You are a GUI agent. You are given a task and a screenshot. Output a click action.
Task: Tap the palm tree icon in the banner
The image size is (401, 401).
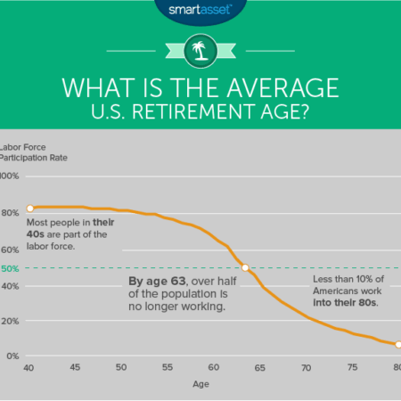pyautogui.click(x=200, y=51)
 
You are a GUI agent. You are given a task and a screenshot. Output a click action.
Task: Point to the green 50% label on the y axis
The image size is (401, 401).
pyautogui.click(x=10, y=268)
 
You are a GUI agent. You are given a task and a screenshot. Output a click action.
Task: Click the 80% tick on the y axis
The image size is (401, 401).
pyautogui.click(x=10, y=212)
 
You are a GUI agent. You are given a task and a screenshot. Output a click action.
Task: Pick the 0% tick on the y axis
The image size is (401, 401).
pyautogui.click(x=10, y=356)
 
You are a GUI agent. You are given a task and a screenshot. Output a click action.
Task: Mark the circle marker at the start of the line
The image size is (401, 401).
pyautogui.click(x=29, y=209)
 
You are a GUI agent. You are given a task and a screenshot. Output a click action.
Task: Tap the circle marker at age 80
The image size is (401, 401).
pyautogui.click(x=398, y=344)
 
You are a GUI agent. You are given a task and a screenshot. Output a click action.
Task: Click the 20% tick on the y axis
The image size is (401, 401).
pyautogui.click(x=10, y=321)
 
